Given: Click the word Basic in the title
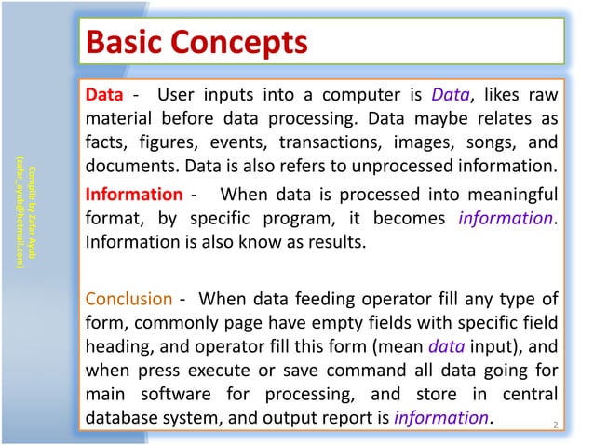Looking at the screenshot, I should click(127, 41).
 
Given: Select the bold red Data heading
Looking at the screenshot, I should click(103, 95).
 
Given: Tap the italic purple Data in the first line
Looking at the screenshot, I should click(450, 95).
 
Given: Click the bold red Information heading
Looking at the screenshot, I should click(134, 195).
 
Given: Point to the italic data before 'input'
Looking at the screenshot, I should click(446, 344).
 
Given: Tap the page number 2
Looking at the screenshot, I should click(555, 426).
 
